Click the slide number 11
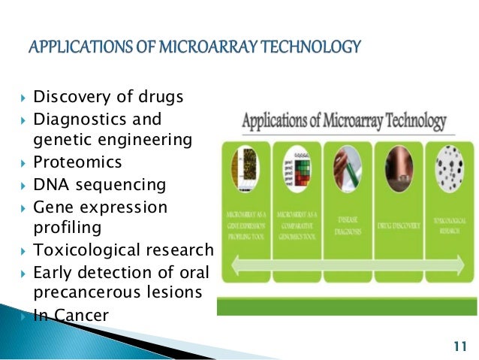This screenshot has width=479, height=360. pyautogui.click(x=460, y=346)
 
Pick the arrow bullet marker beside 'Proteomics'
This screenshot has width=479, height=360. pyautogui.click(x=23, y=163)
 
